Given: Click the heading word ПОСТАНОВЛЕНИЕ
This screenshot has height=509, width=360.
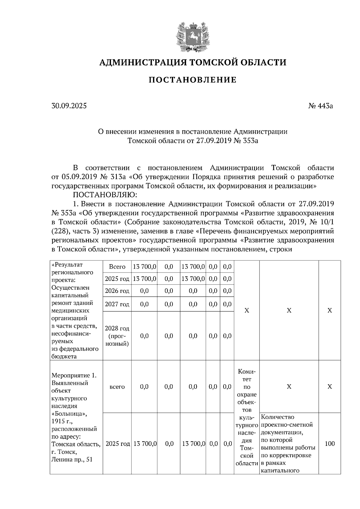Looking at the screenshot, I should pyautogui.click(x=193, y=80).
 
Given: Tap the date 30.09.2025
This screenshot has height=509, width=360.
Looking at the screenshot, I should pyautogui.click(x=69, y=106).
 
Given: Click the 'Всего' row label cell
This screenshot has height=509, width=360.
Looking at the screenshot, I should pyautogui.click(x=117, y=266).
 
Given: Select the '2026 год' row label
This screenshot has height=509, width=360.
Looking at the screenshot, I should pyautogui.click(x=117, y=291).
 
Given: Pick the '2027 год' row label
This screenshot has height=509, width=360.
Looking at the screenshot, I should pyautogui.click(x=117, y=304).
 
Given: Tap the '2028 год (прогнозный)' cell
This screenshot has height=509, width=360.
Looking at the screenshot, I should pyautogui.click(x=117, y=336).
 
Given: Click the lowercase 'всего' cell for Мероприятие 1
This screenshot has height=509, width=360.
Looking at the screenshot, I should pyautogui.click(x=117, y=387).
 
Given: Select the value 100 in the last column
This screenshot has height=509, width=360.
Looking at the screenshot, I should pyautogui.click(x=329, y=444).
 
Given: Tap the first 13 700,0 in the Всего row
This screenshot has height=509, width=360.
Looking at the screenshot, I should pyautogui.click(x=145, y=266).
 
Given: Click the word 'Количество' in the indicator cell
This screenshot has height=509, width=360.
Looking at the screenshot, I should pyautogui.click(x=277, y=417).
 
